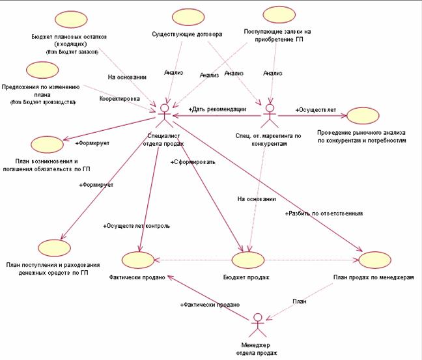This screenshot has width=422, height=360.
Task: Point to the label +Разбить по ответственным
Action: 323,214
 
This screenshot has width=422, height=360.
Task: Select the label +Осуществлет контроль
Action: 137,226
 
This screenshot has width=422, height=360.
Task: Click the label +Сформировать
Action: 193,161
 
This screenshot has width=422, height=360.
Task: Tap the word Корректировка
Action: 119,99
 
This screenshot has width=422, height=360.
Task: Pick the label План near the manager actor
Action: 300,301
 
